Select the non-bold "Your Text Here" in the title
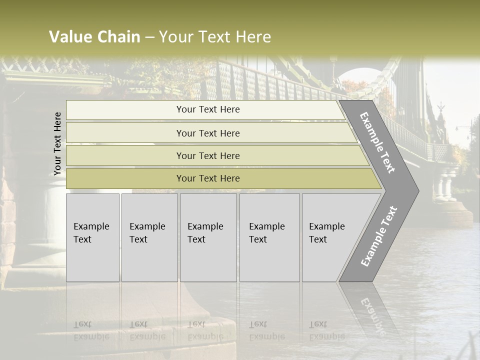point(214,37)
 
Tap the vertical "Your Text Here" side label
point(57,143)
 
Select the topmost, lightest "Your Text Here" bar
point(207,109)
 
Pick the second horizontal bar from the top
point(207,133)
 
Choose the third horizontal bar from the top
point(207,155)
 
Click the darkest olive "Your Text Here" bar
point(207,178)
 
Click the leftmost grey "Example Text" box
point(92,237)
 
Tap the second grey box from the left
point(149,237)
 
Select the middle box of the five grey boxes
point(208,237)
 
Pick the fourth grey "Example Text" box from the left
point(269,237)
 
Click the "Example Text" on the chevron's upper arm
point(377,142)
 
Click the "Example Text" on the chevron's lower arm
point(378,236)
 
